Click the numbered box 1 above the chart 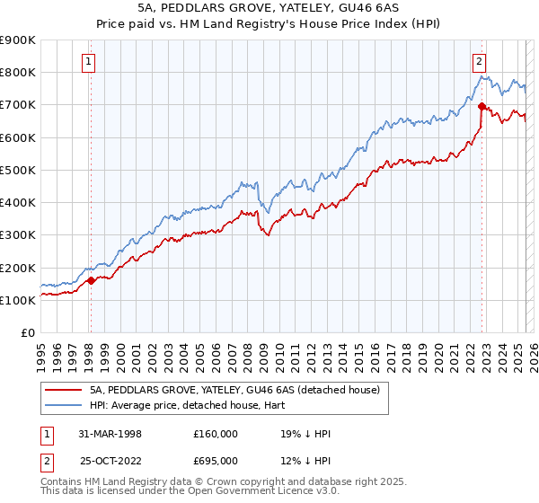click(90, 62)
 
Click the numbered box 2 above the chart click(479, 62)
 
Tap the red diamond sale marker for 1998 click(91, 280)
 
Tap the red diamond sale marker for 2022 click(482, 107)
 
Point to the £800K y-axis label click(18, 72)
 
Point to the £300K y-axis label click(18, 235)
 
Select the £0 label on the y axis click(27, 333)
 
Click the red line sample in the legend click(62, 390)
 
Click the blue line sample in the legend click(62, 405)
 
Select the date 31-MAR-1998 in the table click(111, 434)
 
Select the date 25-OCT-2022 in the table click(111, 460)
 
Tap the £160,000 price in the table click(215, 434)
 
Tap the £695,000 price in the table click(215, 460)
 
